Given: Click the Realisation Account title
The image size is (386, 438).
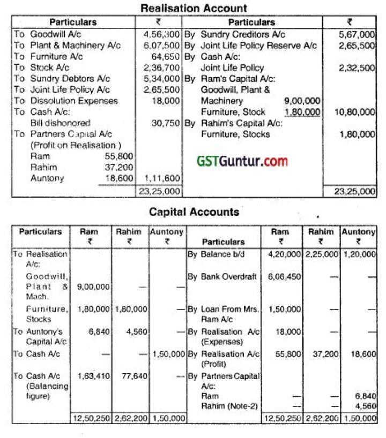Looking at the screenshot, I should tap(194, 8).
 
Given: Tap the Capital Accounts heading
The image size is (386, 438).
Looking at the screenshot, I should tap(194, 212).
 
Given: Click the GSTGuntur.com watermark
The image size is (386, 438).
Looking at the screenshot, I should tap(241, 160).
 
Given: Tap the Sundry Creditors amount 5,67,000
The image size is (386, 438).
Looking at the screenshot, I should tap(357, 34).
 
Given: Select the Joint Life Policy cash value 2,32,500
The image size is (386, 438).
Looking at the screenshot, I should tap(357, 68).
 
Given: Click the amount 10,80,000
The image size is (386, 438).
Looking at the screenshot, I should tap(355, 112).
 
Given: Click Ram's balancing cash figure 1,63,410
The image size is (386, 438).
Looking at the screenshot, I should tap(94, 376).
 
